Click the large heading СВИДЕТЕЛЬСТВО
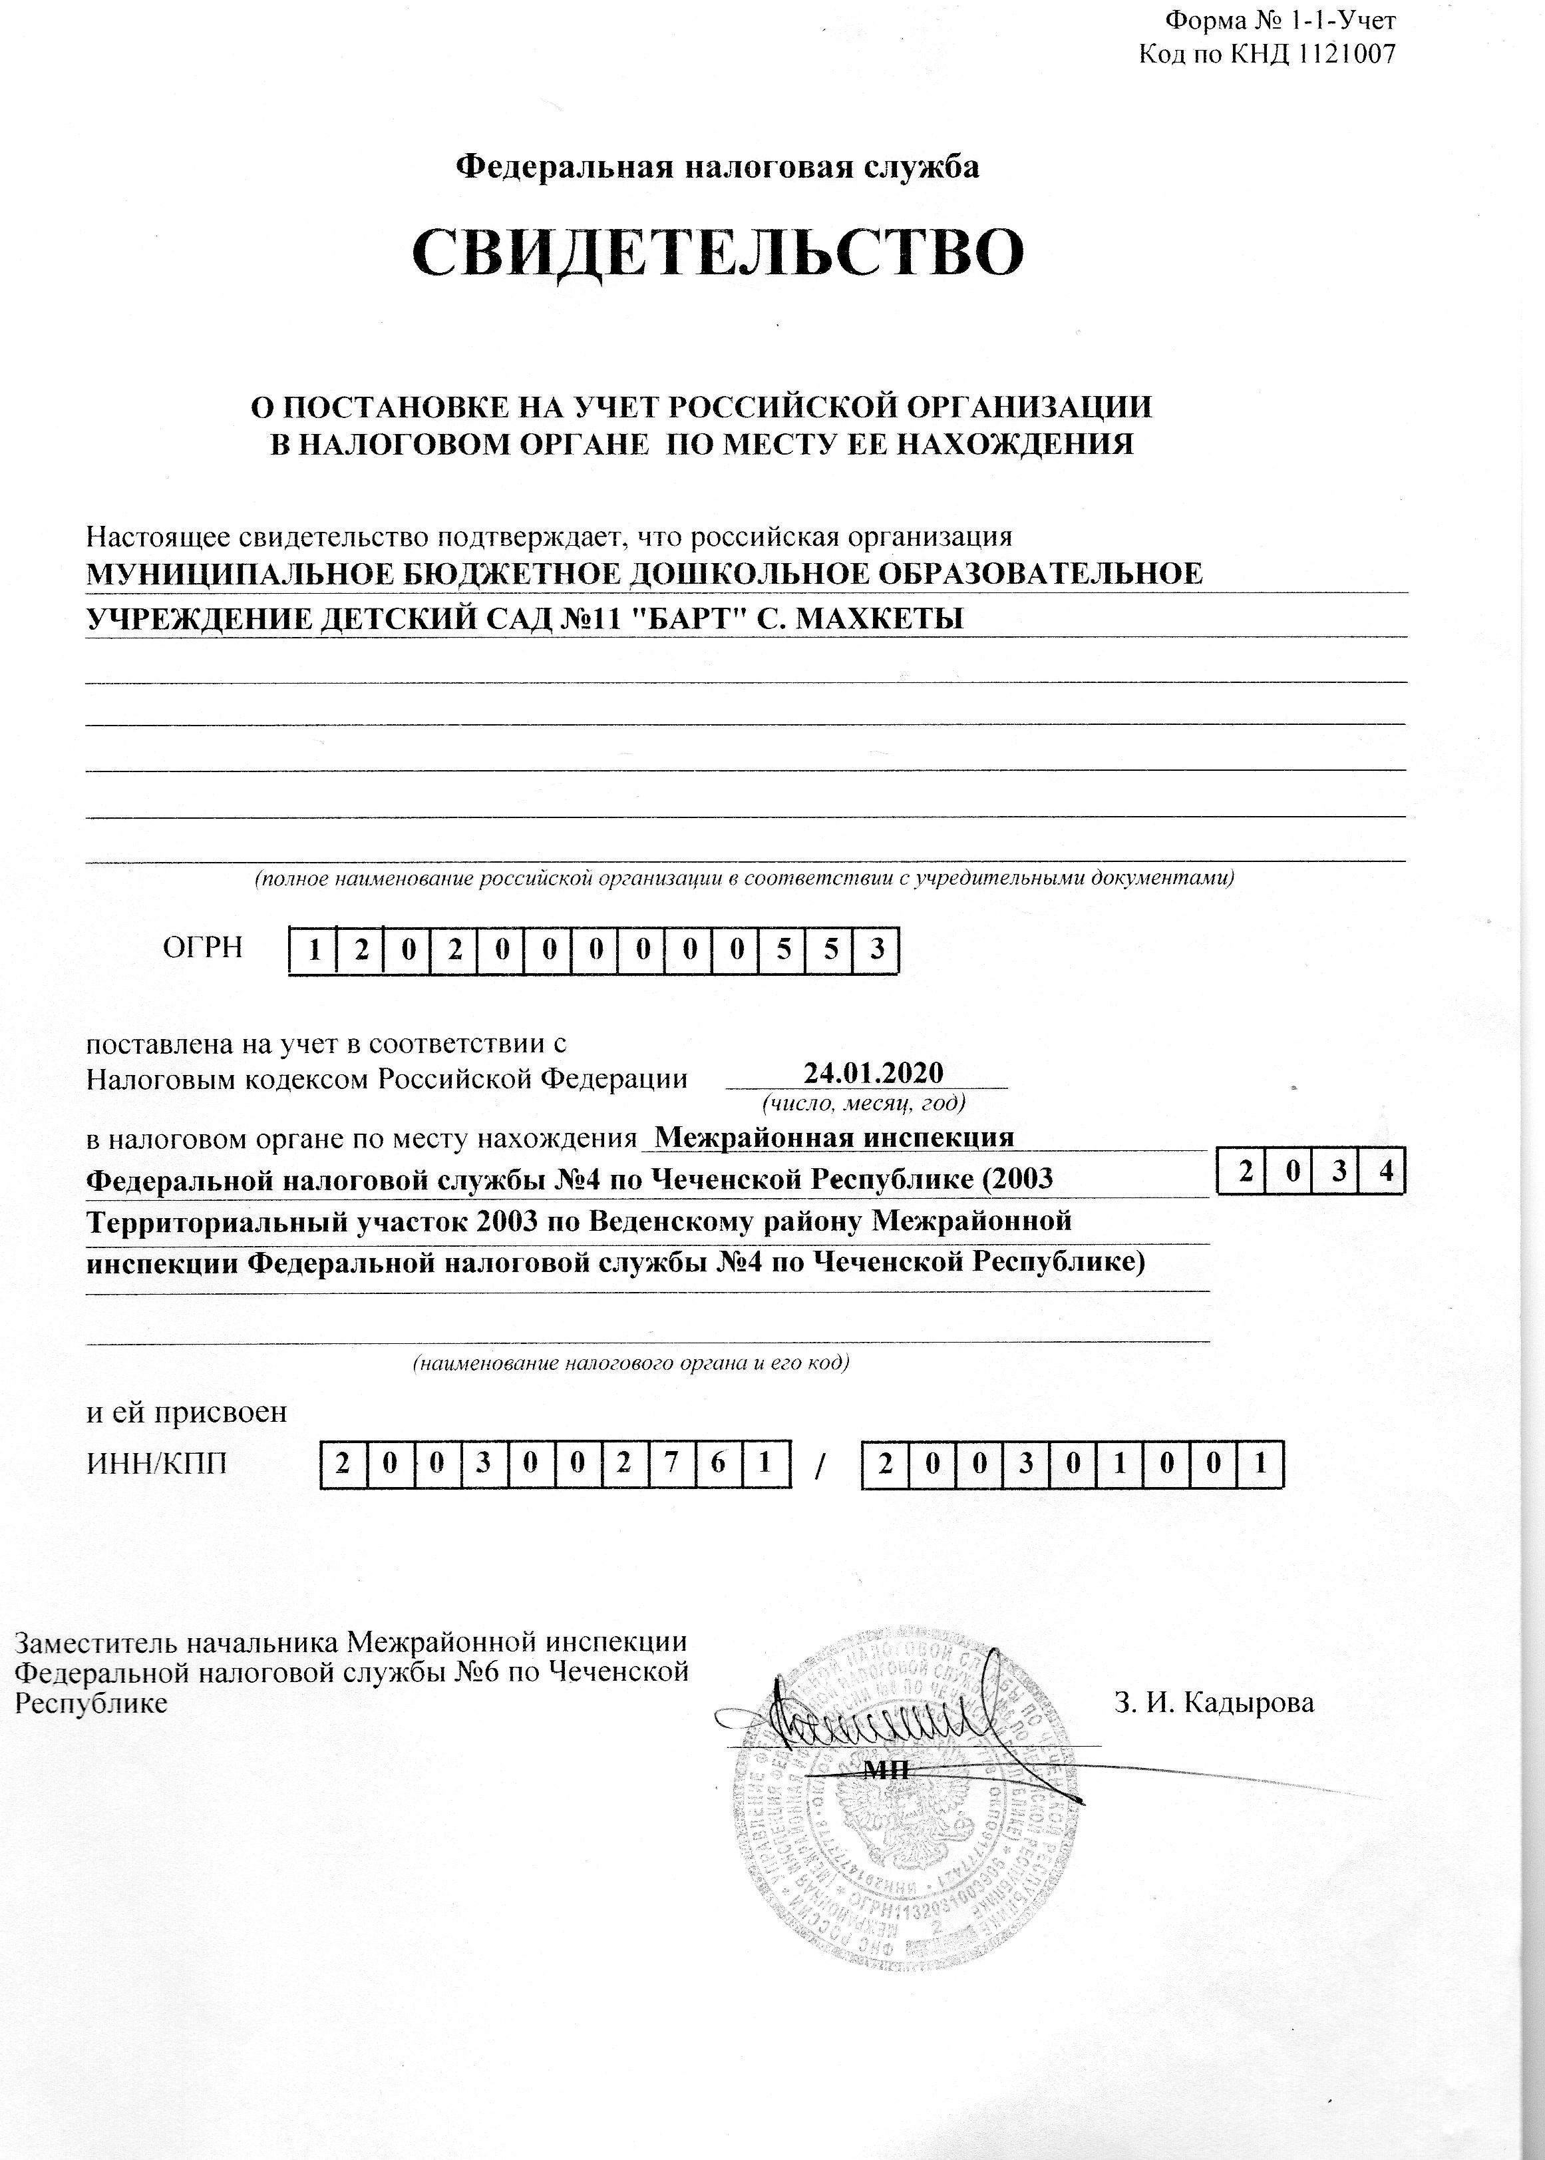[719, 252]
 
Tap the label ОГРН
[203, 948]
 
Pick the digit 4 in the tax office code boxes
[1385, 1174]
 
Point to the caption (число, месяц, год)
[864, 1103]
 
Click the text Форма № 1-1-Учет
[1280, 20]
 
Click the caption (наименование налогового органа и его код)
[630, 1363]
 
